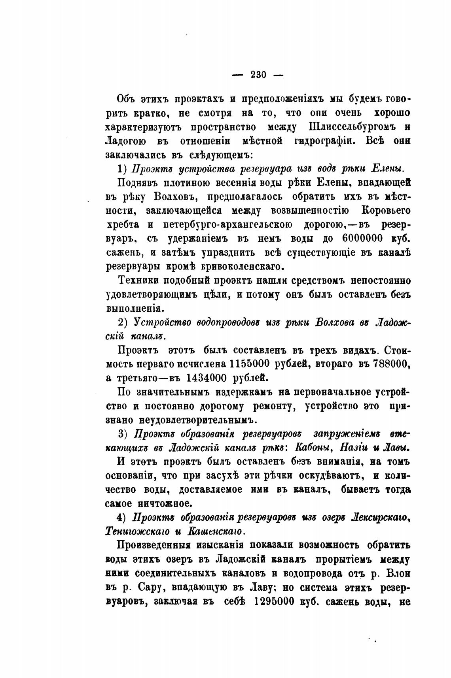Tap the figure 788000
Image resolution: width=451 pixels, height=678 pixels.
pyautogui.click(x=390, y=363)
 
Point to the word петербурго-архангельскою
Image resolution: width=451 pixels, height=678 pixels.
pyautogui.click(x=228, y=224)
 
